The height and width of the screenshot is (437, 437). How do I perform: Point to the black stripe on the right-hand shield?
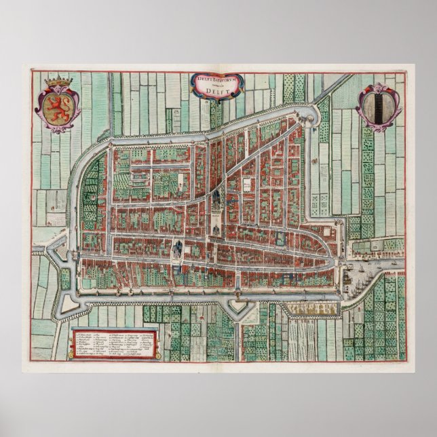(378, 107)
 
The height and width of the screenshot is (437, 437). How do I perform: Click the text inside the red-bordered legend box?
(114, 343)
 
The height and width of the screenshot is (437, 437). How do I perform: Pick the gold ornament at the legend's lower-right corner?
(158, 355)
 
